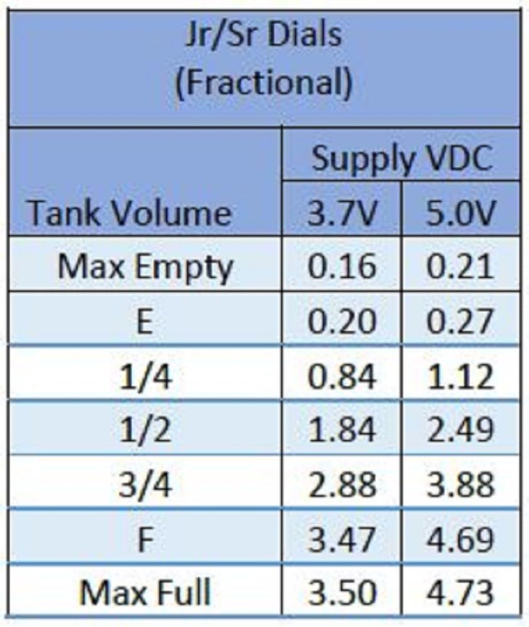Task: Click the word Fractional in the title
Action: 264,82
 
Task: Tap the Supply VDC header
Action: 401,158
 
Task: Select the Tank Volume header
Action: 130,213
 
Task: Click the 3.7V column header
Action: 342,213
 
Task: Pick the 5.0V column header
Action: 461,213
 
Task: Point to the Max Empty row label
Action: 145,267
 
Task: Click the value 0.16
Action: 342,266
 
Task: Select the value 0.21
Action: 460,266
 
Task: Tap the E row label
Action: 145,322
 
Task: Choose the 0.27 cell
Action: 460,321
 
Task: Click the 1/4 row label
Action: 146,376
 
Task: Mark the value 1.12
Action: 461,376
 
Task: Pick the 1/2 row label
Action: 146,430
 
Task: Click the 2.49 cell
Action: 460,430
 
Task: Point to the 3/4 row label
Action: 146,484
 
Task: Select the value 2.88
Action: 342,484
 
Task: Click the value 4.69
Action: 460,539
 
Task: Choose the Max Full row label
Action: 145,592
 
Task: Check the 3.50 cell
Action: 342,592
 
